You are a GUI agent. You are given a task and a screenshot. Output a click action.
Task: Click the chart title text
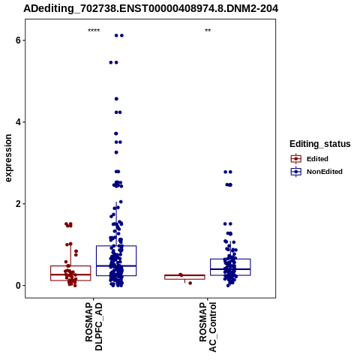[151, 9]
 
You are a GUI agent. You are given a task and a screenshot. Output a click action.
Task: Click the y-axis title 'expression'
[8, 158]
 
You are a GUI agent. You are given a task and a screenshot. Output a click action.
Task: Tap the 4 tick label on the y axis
[18, 122]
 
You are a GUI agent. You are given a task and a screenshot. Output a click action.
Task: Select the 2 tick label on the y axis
[18, 204]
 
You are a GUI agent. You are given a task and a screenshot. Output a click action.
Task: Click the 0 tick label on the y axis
[18, 286]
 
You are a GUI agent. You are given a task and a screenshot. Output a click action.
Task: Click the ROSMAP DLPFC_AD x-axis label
[94, 326]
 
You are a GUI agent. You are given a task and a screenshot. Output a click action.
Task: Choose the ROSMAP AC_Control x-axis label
[208, 327]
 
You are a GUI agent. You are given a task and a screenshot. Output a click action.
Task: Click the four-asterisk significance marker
[94, 31]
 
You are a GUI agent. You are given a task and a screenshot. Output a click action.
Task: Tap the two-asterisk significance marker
[208, 31]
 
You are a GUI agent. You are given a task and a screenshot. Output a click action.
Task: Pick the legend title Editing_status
[320, 144]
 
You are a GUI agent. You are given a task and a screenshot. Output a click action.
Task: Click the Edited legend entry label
[317, 159]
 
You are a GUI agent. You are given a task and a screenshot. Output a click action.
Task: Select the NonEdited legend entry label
[325, 172]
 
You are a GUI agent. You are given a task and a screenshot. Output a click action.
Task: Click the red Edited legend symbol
[296, 159]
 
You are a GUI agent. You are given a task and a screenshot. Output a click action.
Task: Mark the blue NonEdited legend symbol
[296, 172]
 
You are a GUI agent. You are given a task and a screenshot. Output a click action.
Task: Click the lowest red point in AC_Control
[190, 283]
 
